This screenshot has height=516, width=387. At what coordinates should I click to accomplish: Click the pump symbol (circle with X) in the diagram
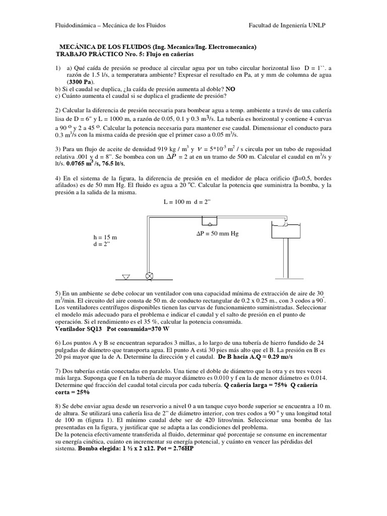click(149, 276)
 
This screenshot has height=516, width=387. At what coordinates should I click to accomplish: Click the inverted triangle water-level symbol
click(126, 276)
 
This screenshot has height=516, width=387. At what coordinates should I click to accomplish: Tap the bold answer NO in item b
click(230, 89)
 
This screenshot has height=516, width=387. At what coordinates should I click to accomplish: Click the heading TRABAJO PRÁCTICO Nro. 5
click(100, 53)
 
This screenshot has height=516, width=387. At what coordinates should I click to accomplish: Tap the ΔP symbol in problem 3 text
click(172, 156)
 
